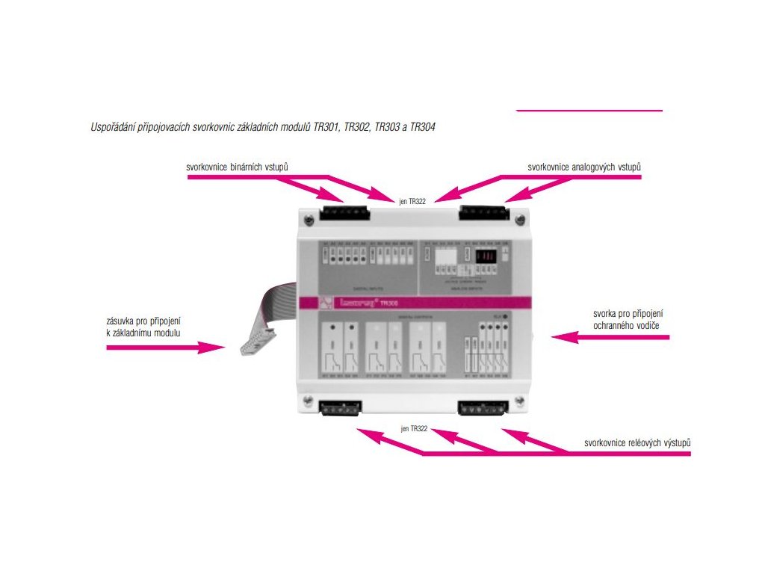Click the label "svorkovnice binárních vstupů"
click(237, 167)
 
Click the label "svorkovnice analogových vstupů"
click(584, 167)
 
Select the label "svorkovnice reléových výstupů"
click(637, 443)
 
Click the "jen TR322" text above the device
click(412, 201)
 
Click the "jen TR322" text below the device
click(414, 428)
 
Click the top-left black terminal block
click(344, 213)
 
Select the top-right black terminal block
click(483, 212)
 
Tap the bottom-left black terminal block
click(340, 408)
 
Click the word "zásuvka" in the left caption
click(123, 322)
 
